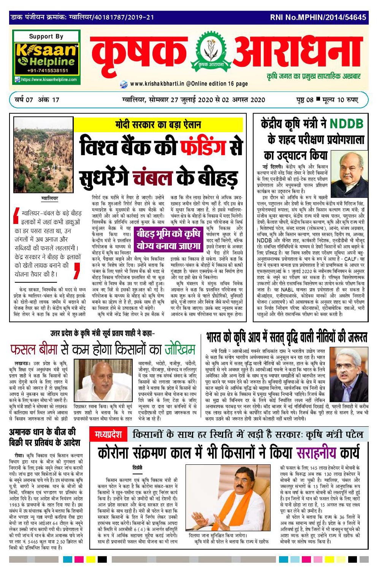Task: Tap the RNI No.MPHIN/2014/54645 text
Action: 318,17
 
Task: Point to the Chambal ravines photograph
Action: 43,155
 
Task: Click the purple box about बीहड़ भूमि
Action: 169,240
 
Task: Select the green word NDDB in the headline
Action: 346,123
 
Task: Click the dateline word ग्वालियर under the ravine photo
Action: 49,198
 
